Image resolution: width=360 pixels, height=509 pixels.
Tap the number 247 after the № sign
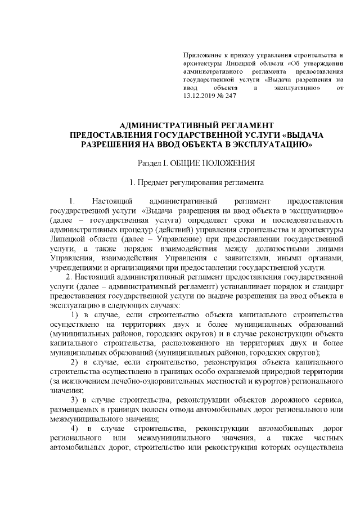tap(229, 96)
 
